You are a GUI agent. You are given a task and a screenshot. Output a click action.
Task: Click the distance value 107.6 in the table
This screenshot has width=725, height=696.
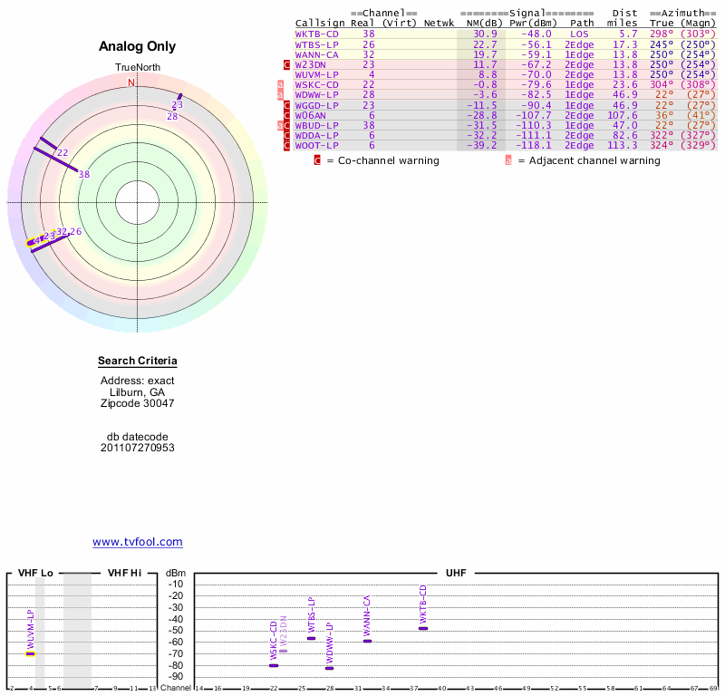click(622, 115)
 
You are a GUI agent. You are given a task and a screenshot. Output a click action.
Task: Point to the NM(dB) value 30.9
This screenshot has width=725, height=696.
click(485, 34)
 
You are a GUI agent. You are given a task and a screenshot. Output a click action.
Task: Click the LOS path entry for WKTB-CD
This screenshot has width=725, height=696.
click(579, 34)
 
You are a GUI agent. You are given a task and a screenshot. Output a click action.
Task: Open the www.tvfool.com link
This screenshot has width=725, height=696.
click(138, 542)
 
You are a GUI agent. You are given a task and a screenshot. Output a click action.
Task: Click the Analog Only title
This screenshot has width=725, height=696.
click(138, 47)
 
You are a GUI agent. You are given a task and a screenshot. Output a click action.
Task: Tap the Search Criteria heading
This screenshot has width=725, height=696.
click(138, 362)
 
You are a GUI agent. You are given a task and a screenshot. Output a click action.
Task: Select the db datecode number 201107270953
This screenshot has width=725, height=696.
click(138, 448)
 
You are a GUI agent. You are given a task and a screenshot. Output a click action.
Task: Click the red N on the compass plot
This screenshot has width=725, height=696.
click(131, 83)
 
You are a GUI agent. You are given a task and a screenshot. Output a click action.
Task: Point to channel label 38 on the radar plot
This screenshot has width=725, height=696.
click(84, 174)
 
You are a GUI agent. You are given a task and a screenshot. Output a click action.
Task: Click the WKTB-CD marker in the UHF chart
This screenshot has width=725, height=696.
click(423, 628)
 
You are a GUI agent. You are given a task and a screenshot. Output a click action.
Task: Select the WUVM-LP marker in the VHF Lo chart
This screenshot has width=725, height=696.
click(31, 652)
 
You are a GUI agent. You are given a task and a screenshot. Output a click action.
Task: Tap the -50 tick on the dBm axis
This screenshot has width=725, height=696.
click(176, 631)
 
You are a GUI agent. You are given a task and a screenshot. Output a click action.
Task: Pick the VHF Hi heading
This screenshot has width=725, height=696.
click(124, 574)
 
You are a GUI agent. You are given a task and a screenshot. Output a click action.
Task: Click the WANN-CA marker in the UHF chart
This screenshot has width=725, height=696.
click(367, 641)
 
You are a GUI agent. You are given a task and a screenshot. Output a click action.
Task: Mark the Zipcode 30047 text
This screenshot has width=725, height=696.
click(138, 403)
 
